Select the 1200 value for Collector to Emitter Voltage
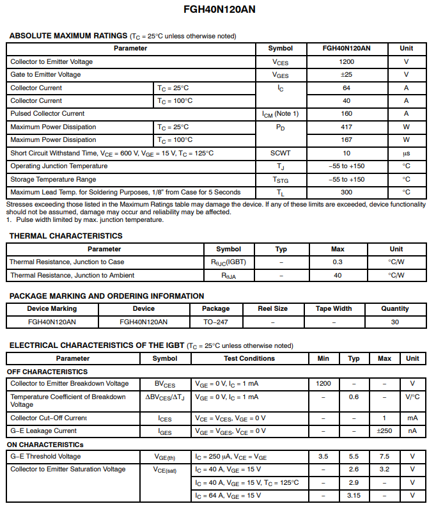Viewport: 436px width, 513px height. (x=346, y=62)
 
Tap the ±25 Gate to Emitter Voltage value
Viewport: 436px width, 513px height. (x=346, y=75)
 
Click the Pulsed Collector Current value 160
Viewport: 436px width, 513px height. (x=346, y=114)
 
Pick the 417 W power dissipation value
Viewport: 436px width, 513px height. (x=346, y=127)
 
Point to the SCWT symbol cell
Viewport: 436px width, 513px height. (x=280, y=154)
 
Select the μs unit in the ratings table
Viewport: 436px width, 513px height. (x=406, y=154)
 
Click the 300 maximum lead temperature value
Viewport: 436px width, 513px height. (x=346, y=192)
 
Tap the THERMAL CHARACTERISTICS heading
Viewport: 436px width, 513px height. (x=66, y=236)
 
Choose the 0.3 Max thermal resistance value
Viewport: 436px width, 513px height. (x=338, y=262)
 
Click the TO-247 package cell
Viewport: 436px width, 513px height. (x=216, y=322)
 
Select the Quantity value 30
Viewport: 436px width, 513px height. (x=394, y=322)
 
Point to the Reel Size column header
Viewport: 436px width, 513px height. (x=272, y=308)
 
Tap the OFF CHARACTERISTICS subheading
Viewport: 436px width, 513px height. (x=47, y=372)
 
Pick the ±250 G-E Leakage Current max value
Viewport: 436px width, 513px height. (x=384, y=431)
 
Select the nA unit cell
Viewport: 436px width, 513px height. (x=412, y=431)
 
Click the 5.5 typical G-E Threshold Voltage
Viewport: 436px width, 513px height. (x=354, y=457)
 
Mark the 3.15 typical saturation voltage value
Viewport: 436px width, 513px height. (x=354, y=496)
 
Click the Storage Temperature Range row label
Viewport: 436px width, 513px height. (x=53, y=180)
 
